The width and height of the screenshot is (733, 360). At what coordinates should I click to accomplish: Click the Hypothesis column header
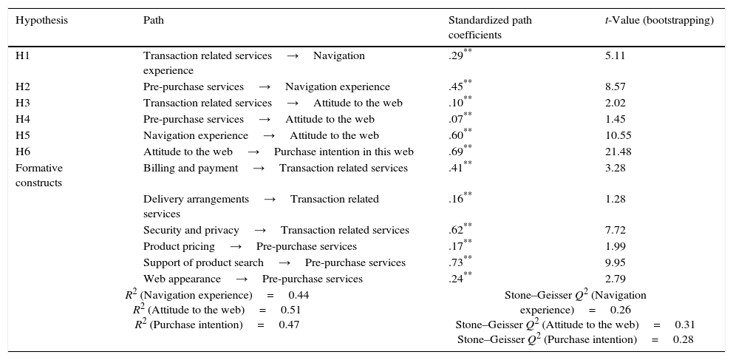41,21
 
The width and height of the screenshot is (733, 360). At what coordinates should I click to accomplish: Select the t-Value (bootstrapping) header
659,21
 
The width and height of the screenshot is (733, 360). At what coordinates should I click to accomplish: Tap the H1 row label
22,55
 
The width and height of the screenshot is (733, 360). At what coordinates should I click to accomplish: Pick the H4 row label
23,120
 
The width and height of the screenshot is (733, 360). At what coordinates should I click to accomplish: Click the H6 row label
23,152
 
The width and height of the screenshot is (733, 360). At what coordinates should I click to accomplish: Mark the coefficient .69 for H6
456,152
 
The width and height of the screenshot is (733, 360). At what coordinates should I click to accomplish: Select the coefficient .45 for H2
456,87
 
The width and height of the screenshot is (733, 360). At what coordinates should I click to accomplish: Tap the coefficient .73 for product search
456,263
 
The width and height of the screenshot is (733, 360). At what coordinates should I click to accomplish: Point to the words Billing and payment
191,169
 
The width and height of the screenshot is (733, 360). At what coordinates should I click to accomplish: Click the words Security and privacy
191,231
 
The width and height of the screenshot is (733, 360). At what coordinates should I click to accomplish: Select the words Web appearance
182,279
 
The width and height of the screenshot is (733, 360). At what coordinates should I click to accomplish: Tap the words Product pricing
179,247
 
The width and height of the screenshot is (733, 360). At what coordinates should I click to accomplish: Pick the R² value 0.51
290,310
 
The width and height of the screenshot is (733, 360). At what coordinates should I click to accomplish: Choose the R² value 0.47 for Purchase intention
289,325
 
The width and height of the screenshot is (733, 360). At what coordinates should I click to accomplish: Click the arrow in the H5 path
269,136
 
